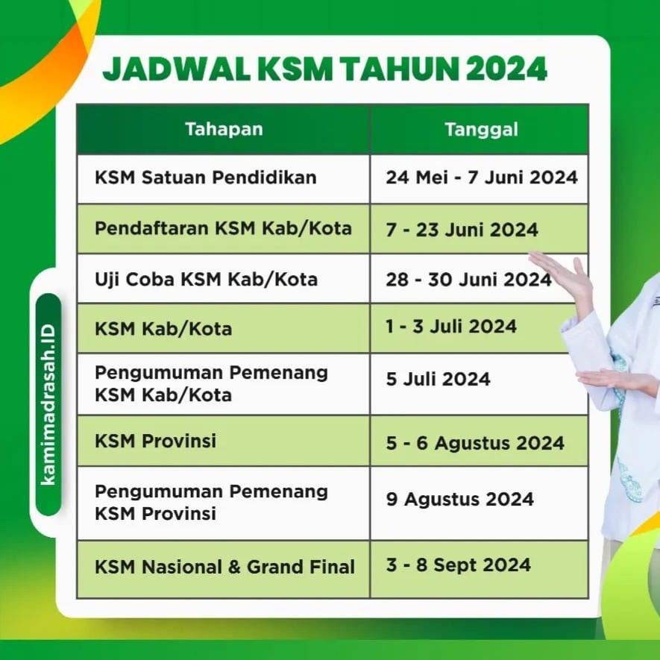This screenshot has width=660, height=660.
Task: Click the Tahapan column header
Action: tap(224, 129)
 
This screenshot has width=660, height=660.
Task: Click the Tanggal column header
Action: tap(481, 130)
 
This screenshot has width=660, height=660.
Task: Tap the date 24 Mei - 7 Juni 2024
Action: tap(482, 177)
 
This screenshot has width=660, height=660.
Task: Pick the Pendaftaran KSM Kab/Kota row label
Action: tap(223, 228)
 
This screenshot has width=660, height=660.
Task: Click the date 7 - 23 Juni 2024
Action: tap(462, 230)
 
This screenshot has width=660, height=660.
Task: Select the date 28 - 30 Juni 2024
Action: tap(468, 280)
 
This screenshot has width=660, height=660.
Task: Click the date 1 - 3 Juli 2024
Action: tap(450, 326)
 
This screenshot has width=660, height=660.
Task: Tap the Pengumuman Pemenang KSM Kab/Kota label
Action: tap(211, 383)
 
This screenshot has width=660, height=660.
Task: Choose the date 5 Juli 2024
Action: tap(438, 379)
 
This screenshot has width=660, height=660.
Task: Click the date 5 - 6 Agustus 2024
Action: tap(475, 443)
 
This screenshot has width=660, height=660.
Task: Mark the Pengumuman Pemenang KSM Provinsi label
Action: tap(211, 502)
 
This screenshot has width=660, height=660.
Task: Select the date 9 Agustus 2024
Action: tap(459, 499)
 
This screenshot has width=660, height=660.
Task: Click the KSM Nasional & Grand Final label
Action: tap(224, 567)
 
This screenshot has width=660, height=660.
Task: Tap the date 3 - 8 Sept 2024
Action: tap(458, 565)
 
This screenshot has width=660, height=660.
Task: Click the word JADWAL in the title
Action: tap(176, 69)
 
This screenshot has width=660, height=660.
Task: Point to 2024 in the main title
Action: tap(506, 69)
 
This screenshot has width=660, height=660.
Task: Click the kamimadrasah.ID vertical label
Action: tap(48, 404)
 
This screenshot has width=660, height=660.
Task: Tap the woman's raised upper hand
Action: tap(561, 274)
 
